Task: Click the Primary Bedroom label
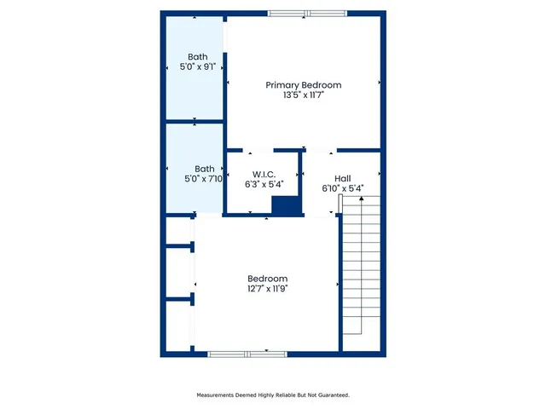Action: tap(303, 85)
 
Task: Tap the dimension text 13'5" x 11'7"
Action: tap(303, 96)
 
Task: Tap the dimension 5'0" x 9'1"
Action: tap(197, 68)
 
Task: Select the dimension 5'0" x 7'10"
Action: tap(204, 179)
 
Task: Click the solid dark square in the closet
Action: tap(286, 205)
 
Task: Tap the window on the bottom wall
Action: tap(247, 354)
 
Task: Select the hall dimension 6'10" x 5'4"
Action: tap(342, 189)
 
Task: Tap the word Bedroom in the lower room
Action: tap(267, 279)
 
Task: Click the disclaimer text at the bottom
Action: tap(273, 395)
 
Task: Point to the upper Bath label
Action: tap(197, 57)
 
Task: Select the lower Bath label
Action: tap(204, 169)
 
